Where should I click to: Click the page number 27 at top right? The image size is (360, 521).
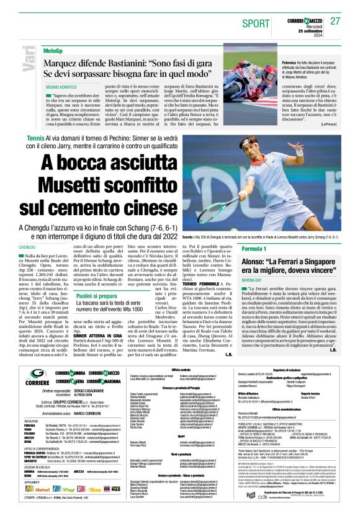click(x=335, y=21)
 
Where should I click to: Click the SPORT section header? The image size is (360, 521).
click(x=253, y=23)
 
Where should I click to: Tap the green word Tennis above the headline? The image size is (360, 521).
click(x=36, y=137)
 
